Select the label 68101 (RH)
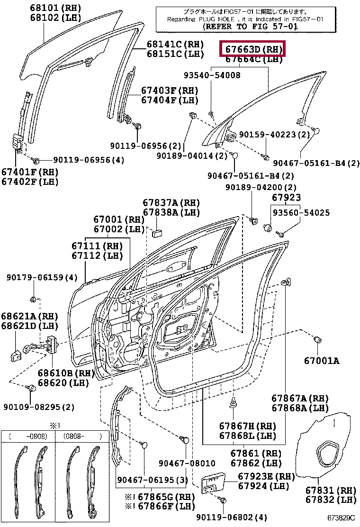tap(55, 8)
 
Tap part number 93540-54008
tap(212, 75)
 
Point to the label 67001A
tap(321, 361)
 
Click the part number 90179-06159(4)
tap(42, 277)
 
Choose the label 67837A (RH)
tap(171, 203)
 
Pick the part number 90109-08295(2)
tap(39, 407)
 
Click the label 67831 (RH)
tap(331, 490)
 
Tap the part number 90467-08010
tap(187, 463)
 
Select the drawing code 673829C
tap(341, 518)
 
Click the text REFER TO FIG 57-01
tap(250, 27)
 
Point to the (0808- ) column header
tap(82, 436)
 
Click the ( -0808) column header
tap(28, 436)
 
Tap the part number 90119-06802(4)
tap(232, 517)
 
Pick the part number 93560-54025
tap(301, 212)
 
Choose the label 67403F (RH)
tap(170, 91)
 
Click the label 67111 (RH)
tap(97, 245)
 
